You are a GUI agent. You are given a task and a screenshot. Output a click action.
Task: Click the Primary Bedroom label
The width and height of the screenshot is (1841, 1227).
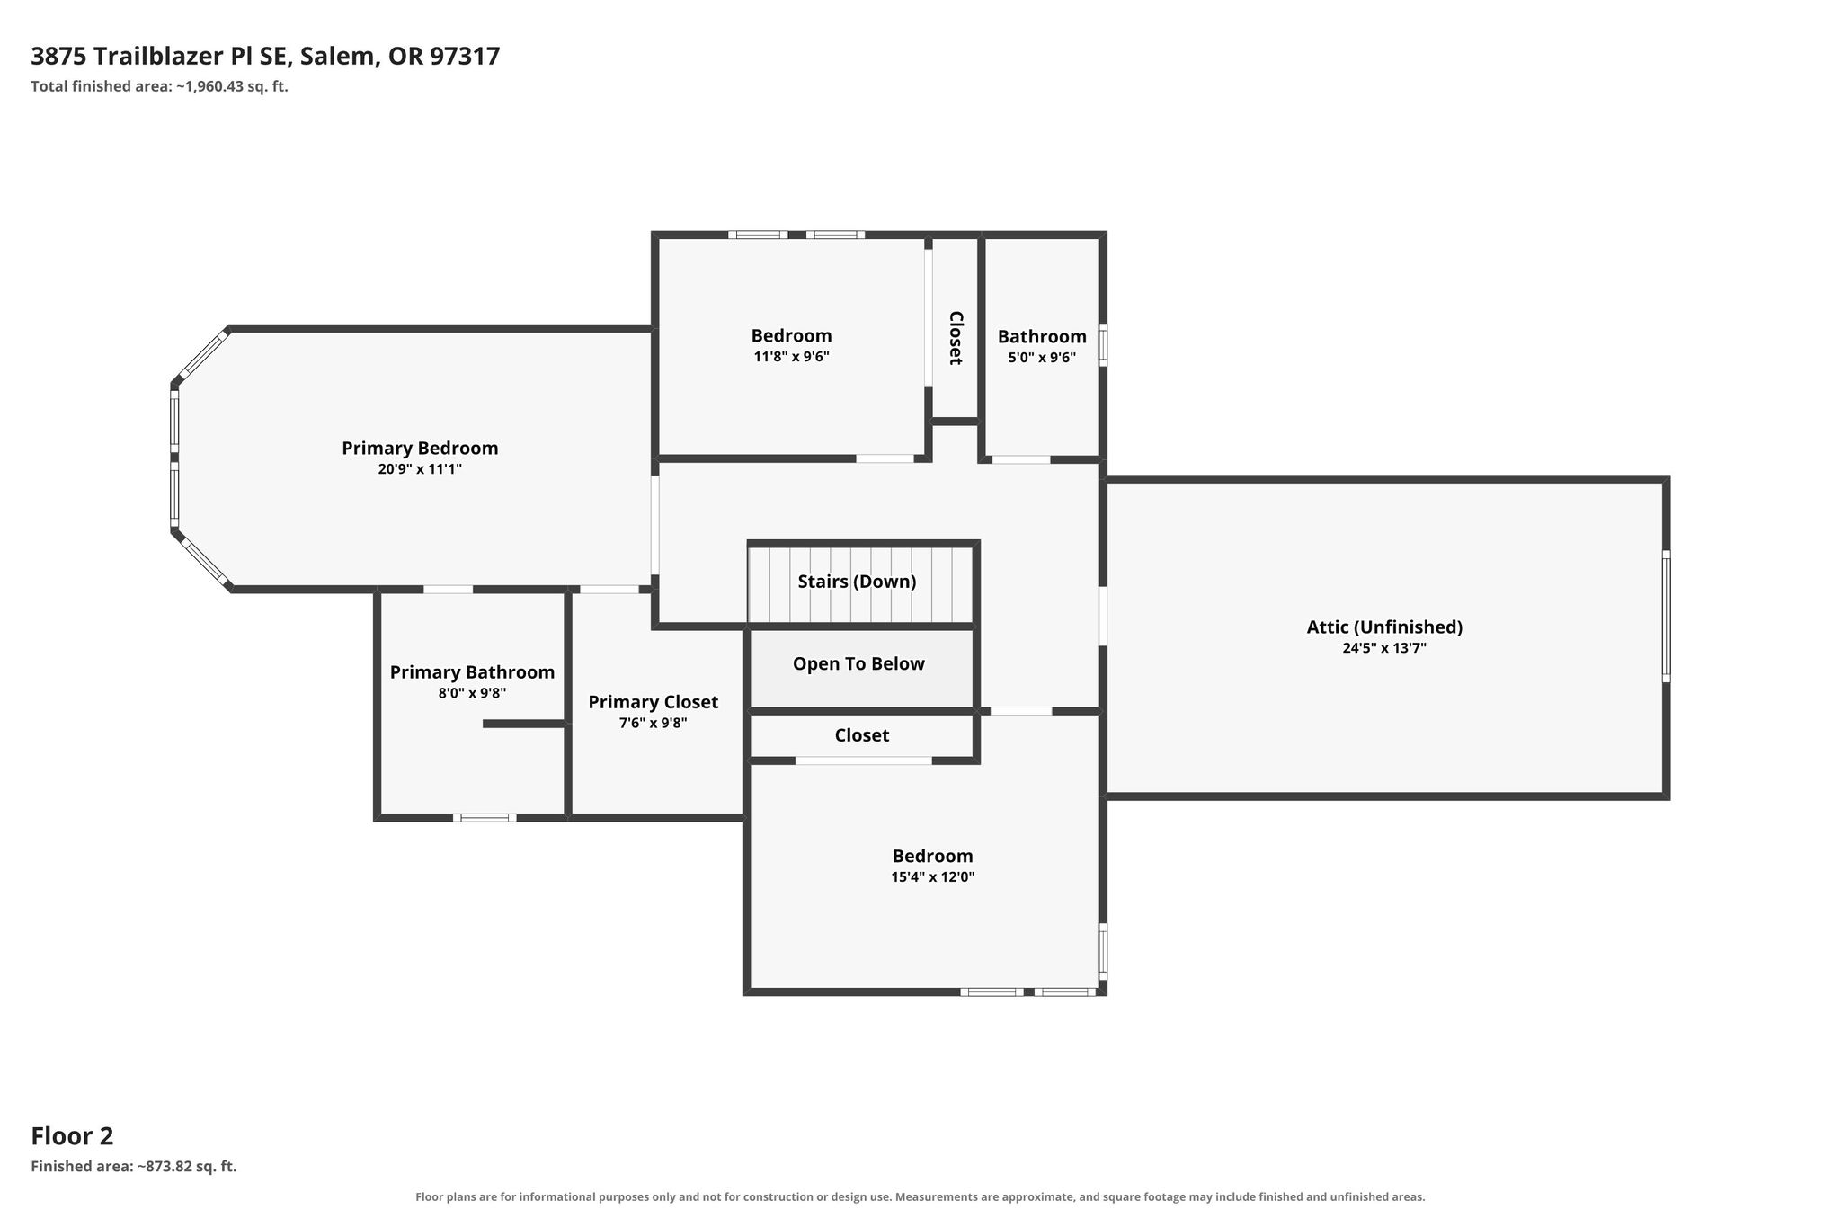(x=420, y=448)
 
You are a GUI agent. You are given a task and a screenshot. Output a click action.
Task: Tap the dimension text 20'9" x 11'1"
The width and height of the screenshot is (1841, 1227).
(x=420, y=469)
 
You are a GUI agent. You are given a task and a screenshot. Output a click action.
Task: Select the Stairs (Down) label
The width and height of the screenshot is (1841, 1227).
(x=857, y=582)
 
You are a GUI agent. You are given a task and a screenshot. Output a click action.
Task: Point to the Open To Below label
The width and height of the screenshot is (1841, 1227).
(x=858, y=664)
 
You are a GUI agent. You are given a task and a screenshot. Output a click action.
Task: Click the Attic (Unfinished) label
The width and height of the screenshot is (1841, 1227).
(x=1384, y=627)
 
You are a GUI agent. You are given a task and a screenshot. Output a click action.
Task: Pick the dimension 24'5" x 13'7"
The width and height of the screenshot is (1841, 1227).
(x=1384, y=648)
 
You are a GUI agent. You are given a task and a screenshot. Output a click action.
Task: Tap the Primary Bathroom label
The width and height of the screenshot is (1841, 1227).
(x=472, y=672)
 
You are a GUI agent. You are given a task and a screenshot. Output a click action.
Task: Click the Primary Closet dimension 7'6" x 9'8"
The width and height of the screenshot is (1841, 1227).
(x=653, y=723)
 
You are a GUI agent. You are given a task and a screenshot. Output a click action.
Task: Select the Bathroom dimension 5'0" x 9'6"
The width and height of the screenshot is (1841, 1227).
(x=1042, y=357)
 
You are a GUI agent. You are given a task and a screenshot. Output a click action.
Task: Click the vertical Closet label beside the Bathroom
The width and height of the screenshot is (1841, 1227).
(x=956, y=338)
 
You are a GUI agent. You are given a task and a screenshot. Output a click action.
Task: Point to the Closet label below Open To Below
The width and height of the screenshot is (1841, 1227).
(x=861, y=735)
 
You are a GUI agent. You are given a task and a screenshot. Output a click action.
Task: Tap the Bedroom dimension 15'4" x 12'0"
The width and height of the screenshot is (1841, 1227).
(x=933, y=877)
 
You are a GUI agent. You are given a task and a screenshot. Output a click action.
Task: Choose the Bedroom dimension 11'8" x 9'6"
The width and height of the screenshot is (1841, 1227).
(x=791, y=357)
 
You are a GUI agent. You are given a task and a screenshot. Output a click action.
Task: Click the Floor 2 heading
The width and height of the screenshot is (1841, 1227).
(x=72, y=1136)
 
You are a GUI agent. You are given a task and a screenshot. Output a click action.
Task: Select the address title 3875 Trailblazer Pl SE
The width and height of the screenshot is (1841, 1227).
(x=159, y=57)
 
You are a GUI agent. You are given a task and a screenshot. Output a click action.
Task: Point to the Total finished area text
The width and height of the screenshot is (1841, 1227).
(x=159, y=87)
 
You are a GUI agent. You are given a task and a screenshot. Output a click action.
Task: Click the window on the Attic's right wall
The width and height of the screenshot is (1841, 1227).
(x=1666, y=617)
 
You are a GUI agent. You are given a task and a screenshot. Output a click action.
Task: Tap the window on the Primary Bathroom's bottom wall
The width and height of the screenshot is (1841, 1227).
(x=485, y=818)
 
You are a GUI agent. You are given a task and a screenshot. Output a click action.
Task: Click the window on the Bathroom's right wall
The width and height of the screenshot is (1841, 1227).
(x=1103, y=344)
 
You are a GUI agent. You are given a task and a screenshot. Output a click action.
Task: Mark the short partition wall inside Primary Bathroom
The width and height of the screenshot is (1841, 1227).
(x=524, y=724)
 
